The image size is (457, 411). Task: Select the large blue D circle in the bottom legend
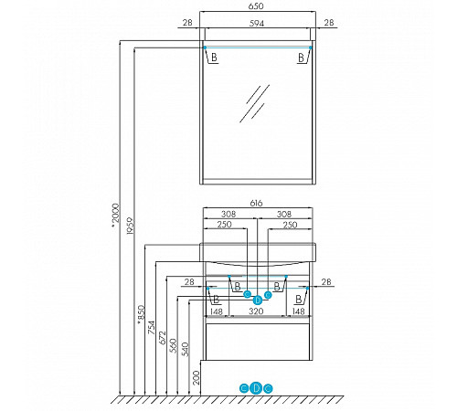point(256,388)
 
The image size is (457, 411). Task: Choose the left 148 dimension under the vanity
point(216,311)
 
